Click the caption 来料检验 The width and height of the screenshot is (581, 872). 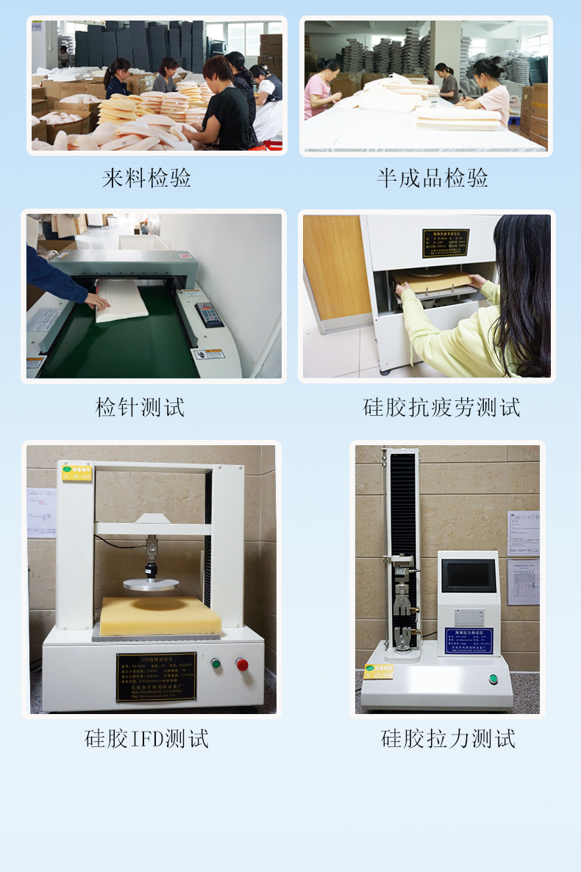(146, 178)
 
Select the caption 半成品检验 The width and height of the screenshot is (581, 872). (432, 178)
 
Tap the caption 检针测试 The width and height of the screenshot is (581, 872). (140, 406)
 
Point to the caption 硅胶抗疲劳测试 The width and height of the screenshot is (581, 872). (441, 406)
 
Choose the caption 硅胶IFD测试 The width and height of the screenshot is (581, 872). (146, 738)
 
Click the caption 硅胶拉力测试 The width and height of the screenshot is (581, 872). (448, 738)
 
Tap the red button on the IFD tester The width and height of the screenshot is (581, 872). (241, 664)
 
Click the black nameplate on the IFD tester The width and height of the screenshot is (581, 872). (156, 677)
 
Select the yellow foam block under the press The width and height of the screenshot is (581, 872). (160, 616)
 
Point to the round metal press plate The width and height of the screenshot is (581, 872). (152, 584)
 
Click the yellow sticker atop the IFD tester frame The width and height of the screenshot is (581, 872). (76, 471)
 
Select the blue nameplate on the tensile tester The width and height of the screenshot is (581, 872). (468, 640)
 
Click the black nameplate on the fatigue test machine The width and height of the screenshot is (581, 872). (445, 243)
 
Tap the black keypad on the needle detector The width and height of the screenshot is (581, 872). (210, 314)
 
